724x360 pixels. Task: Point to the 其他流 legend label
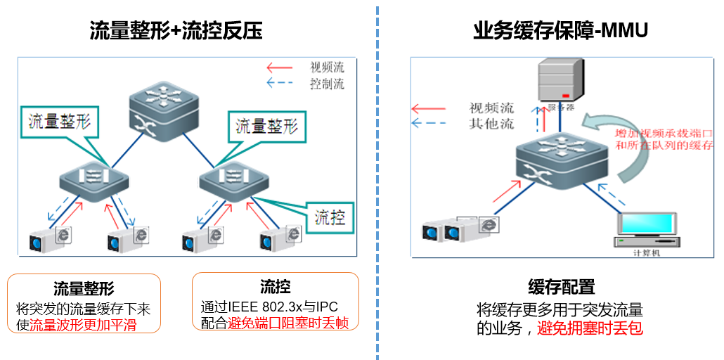(x=491, y=124)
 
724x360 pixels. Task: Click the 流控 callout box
(x=330, y=217)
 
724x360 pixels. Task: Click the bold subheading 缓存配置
(x=561, y=286)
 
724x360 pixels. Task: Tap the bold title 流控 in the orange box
(x=275, y=286)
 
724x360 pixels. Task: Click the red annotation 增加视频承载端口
(x=664, y=133)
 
